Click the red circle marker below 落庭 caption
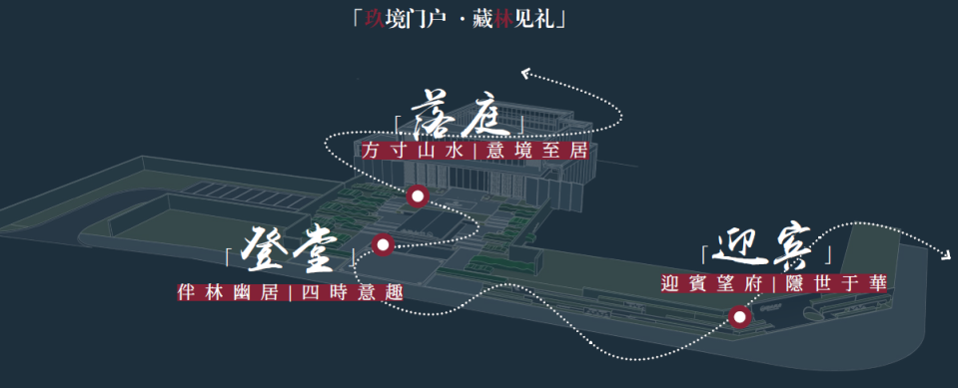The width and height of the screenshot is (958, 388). click(x=418, y=195)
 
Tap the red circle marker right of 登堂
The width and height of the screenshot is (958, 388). click(x=382, y=244)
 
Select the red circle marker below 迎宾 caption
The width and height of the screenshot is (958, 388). click(x=739, y=318)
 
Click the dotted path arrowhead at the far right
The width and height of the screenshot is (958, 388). click(x=947, y=255)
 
